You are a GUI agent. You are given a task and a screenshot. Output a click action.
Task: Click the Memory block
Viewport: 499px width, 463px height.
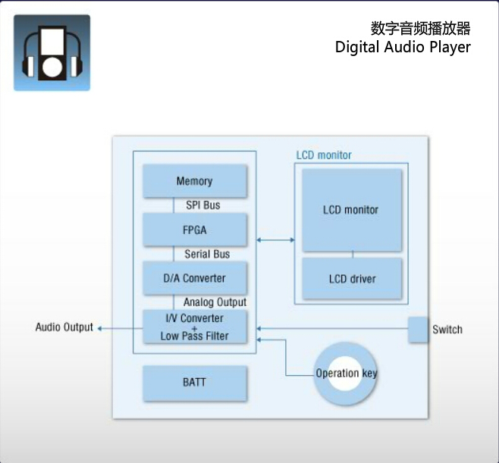[x=195, y=181]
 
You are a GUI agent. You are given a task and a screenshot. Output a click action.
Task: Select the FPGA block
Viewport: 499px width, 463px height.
[x=195, y=229]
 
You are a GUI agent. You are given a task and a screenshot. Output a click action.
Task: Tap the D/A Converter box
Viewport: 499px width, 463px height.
[x=195, y=278]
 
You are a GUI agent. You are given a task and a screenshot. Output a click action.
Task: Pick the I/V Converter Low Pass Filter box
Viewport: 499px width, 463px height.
[x=195, y=327]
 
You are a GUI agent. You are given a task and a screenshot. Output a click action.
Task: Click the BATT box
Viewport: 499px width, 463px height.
[x=195, y=383]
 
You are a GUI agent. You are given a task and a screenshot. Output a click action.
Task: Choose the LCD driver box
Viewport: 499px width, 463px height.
[x=352, y=279]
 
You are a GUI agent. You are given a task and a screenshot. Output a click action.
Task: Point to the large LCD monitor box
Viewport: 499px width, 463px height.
[x=351, y=210]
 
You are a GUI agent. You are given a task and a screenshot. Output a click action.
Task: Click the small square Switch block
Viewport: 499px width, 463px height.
[x=419, y=329]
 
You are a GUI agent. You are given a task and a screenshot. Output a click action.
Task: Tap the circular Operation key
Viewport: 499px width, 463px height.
[x=346, y=373]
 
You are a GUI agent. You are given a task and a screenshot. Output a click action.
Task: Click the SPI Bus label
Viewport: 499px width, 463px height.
[x=203, y=205]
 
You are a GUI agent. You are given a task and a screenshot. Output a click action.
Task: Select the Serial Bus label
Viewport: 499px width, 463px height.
[x=207, y=254]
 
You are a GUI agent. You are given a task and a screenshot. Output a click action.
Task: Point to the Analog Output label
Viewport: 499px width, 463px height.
[x=215, y=302]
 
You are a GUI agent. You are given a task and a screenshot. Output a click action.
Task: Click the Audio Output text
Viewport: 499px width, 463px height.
[x=64, y=327]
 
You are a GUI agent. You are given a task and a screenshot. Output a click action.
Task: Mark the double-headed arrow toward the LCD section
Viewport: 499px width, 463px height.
[x=276, y=240]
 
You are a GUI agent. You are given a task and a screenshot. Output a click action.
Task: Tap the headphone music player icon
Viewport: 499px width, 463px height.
[x=52, y=52]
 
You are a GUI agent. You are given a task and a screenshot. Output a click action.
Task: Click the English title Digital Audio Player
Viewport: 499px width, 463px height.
[x=403, y=47]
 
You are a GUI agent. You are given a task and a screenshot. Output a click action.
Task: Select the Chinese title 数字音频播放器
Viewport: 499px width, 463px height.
[x=421, y=28]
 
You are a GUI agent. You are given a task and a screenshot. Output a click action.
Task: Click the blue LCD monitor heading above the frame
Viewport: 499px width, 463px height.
[x=324, y=155]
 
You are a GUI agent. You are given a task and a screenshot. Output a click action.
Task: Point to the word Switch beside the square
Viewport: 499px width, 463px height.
[x=447, y=330]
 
